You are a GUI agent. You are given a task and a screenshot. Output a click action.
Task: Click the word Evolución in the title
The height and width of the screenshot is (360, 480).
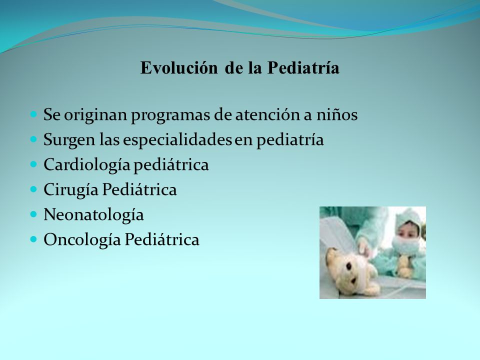pos(179,67)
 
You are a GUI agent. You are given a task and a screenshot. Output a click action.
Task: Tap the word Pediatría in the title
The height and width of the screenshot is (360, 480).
pos(303,67)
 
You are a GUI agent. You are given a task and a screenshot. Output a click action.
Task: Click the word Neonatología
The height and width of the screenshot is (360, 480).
pos(93,215)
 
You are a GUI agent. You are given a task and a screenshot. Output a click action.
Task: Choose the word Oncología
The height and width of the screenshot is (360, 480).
pos(82,240)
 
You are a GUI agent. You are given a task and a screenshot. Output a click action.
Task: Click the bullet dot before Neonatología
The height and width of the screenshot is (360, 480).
pos(33,214)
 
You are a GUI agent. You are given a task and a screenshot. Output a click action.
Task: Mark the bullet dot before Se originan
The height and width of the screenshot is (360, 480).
pos(33,114)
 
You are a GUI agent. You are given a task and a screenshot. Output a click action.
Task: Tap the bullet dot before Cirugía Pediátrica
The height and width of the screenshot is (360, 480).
pos(33,189)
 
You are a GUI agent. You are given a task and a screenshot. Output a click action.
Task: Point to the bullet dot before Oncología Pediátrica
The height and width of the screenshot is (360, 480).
pos(33,239)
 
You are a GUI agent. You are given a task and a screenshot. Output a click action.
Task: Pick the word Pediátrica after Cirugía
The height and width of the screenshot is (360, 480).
pos(139,190)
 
